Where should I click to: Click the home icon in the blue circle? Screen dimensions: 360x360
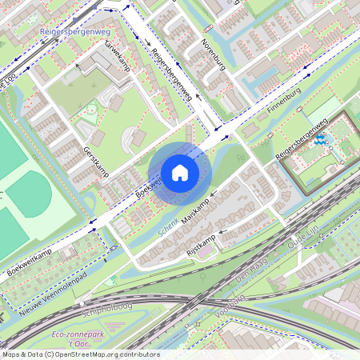pyautogui.click(x=179, y=173)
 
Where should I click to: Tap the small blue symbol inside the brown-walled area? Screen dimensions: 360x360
pyautogui.click(x=322, y=141)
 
